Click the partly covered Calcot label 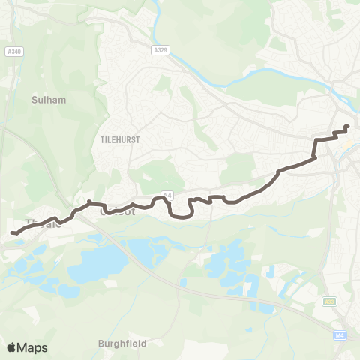pyautogui.click(x=117, y=212)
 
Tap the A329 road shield pyautogui.click(x=157, y=50)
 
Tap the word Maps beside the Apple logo pyautogui.click(x=33, y=347)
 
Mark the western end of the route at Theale pyautogui.click(x=12, y=233)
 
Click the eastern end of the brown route pyautogui.click(x=347, y=127)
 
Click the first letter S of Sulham pyautogui.click(x=35, y=98)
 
